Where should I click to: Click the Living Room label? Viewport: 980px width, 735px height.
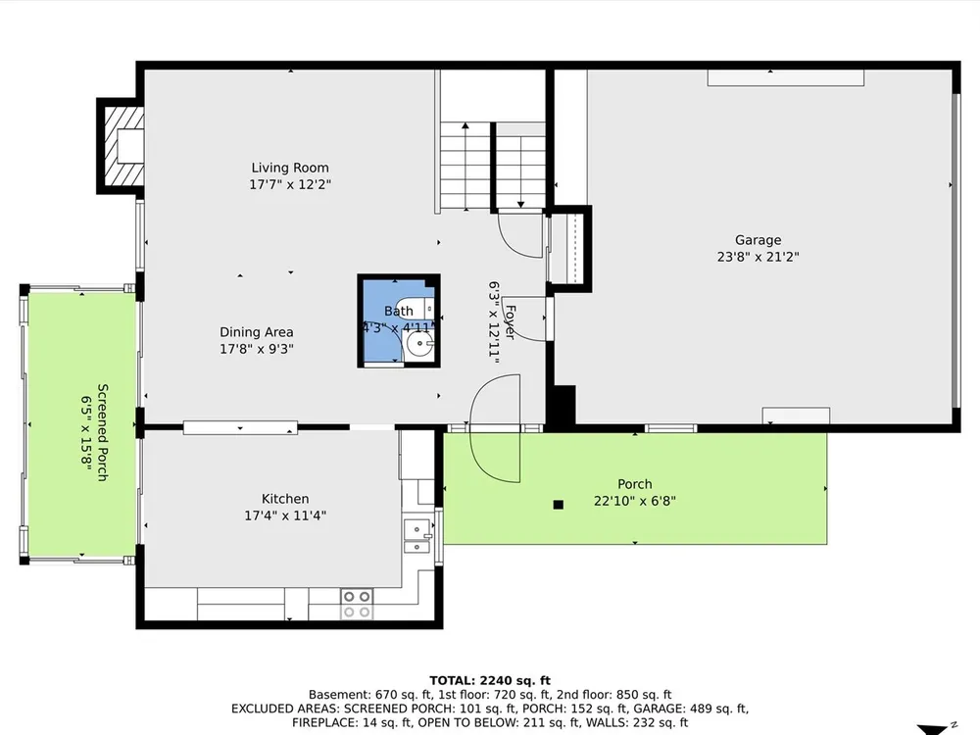[290, 168]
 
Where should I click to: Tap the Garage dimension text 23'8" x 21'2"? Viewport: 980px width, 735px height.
[759, 257]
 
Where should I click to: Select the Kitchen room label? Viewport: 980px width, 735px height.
[285, 499]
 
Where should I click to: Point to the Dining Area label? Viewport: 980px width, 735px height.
[256, 332]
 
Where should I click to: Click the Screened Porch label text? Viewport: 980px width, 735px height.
[103, 432]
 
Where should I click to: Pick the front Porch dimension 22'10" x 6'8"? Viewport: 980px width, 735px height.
[635, 501]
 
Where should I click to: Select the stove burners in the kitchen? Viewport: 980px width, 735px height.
[357, 604]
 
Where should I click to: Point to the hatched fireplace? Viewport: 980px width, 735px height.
[123, 146]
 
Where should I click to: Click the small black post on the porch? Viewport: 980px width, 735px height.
[559, 505]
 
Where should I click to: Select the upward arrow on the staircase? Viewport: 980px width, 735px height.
[465, 167]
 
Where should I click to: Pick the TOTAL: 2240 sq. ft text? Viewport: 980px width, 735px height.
[490, 681]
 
